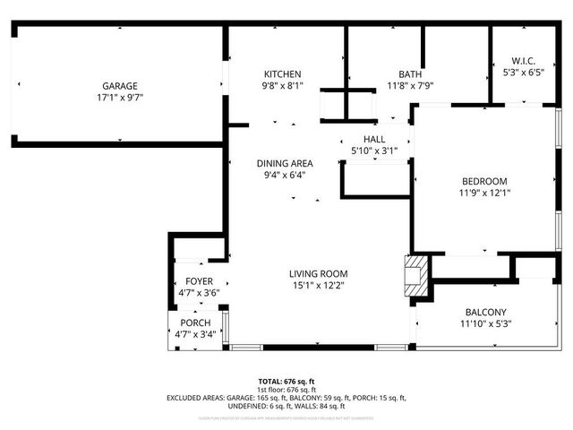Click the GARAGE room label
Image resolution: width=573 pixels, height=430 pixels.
(119, 86)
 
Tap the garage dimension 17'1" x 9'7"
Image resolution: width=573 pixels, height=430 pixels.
(119, 98)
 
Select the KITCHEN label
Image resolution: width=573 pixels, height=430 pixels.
(282, 74)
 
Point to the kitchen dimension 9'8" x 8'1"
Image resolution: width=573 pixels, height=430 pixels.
(282, 86)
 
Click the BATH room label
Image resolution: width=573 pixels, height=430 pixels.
(410, 74)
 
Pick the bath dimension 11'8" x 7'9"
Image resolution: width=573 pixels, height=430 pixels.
(410, 86)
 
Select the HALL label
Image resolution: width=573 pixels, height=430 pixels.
(373, 139)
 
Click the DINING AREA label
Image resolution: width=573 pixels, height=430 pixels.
(285, 163)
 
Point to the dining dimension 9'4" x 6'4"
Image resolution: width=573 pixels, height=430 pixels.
(285, 175)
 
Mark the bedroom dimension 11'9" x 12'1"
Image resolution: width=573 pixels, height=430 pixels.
(484, 192)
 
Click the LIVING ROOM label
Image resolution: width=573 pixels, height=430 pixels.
(318, 273)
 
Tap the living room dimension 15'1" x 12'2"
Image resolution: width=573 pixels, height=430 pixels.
(318, 285)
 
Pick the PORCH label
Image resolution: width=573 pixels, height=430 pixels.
(195, 322)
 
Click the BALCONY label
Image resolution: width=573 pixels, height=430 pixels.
(484, 312)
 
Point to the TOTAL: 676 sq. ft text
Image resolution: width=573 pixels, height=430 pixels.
(286, 381)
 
